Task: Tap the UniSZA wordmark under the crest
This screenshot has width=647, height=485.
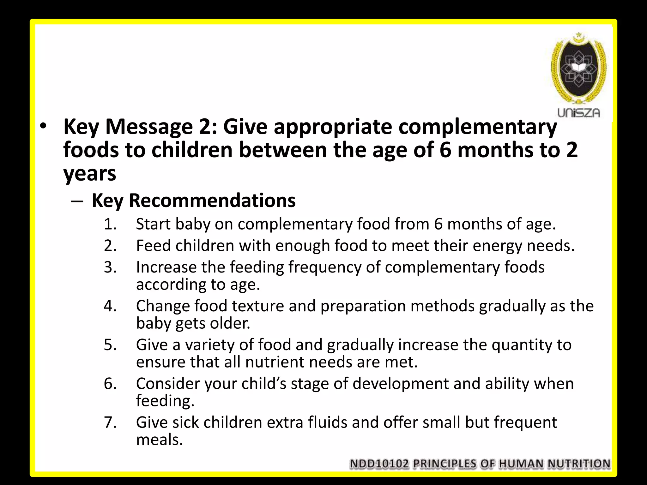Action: click(578, 113)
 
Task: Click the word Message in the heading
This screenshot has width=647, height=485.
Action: click(149, 127)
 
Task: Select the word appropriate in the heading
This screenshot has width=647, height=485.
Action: click(333, 127)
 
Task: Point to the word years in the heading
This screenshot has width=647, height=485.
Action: click(90, 174)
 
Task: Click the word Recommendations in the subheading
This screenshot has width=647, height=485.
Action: click(212, 200)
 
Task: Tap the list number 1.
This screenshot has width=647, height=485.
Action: click(110, 224)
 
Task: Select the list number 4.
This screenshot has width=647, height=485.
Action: click(110, 306)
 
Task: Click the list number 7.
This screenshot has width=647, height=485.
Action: click(110, 422)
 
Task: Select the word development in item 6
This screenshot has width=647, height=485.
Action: click(401, 384)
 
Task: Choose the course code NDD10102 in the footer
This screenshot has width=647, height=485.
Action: click(379, 464)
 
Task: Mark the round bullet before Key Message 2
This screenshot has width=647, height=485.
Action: click(43, 126)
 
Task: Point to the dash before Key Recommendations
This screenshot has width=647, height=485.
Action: click(77, 201)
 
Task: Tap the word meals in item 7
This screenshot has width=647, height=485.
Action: click(160, 440)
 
